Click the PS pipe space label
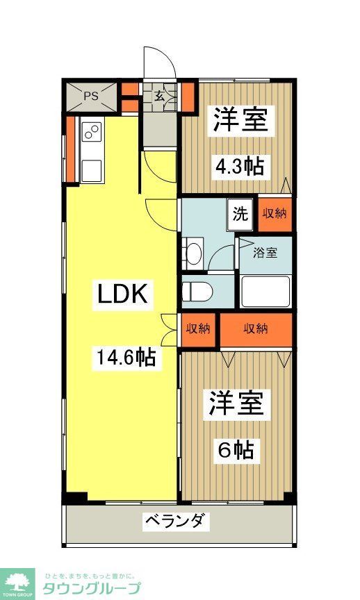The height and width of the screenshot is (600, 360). (90, 96)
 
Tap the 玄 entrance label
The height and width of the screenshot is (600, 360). (159, 97)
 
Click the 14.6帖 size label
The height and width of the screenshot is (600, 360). (125, 358)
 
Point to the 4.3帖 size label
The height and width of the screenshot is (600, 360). (238, 166)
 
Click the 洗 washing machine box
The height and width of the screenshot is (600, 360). (240, 214)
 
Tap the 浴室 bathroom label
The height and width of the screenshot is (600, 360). (265, 252)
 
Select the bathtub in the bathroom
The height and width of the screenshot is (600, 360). (265, 291)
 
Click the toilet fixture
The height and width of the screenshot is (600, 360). (198, 291)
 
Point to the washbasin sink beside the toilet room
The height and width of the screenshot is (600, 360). (193, 252)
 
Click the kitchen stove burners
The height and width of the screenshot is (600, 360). (92, 131)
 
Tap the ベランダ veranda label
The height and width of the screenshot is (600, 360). (176, 521)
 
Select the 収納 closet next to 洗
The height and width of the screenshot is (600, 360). (275, 214)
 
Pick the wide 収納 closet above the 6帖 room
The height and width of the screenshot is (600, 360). (256, 328)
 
